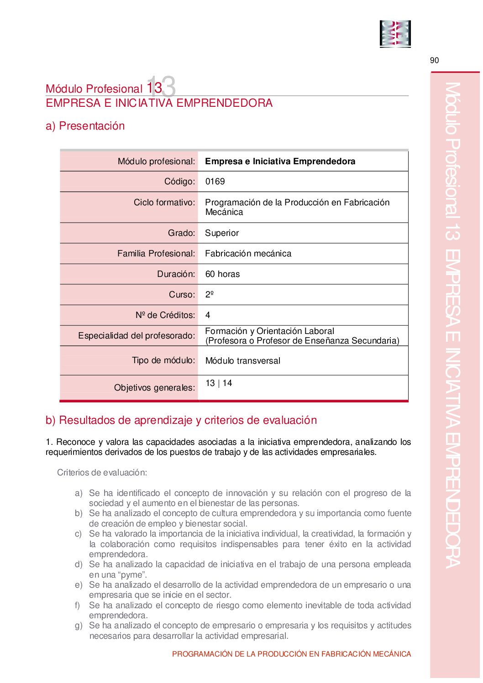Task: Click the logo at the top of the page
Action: [395, 34]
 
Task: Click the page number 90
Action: [434, 61]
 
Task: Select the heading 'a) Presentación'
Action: [85, 126]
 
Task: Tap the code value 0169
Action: [215, 182]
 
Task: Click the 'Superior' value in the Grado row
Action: [222, 233]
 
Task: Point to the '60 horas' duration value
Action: [222, 274]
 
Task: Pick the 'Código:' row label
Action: [179, 182]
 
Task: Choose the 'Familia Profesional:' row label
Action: [156, 254]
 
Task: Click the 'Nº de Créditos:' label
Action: [165, 315]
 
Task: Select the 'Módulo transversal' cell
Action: [242, 361]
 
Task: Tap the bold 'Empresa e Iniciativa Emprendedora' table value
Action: [280, 162]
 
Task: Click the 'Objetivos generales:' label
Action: [154, 388]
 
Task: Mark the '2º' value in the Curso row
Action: [210, 295]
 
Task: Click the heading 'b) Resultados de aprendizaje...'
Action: [181, 420]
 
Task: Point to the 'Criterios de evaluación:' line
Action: [102, 473]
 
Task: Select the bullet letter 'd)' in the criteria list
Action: [79, 565]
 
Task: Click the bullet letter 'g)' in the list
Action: [79, 626]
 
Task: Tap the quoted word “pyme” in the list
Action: [132, 575]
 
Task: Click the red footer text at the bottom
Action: [291, 654]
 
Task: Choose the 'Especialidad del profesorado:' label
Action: [136, 336]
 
